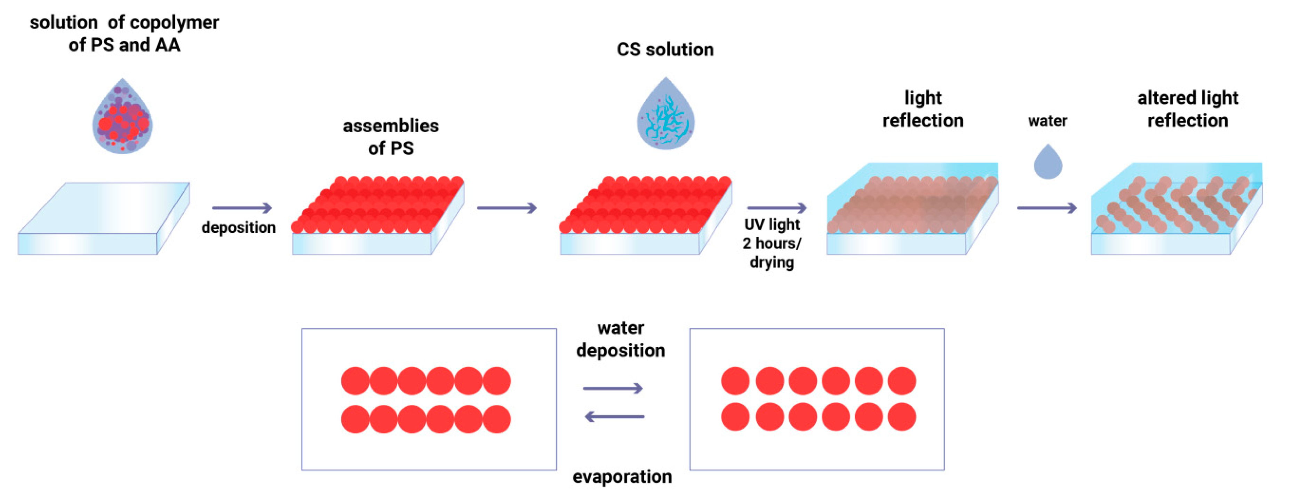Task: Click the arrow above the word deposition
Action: click(x=242, y=208)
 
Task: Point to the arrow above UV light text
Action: click(x=776, y=208)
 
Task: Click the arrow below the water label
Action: click(x=1047, y=208)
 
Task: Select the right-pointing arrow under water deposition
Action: click(x=613, y=388)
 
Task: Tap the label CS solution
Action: click(x=665, y=50)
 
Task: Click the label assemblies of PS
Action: click(x=391, y=136)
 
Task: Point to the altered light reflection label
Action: click(x=1188, y=109)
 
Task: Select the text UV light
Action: click(x=772, y=225)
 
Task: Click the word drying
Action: click(x=772, y=262)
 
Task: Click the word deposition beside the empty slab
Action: click(x=238, y=227)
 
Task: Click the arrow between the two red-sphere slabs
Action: click(x=507, y=208)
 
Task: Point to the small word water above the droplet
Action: click(x=1047, y=121)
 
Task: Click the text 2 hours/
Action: click(x=772, y=243)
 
